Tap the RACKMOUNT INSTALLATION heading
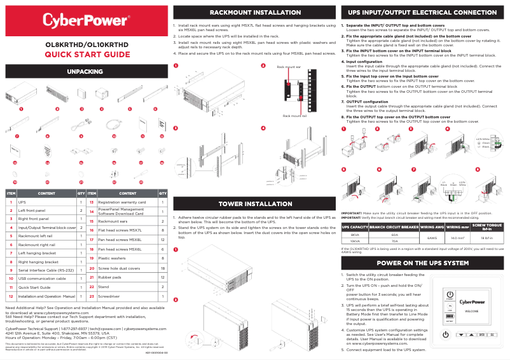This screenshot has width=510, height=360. click(254, 12)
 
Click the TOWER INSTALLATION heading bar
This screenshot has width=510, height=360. click(254, 204)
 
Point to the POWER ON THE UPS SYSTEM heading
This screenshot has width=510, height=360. click(422, 263)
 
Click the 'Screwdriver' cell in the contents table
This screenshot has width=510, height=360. click(109, 296)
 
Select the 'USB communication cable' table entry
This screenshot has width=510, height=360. click(39, 279)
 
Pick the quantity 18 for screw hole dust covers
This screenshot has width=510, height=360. click(163, 269)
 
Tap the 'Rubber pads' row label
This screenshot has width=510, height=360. click(109, 278)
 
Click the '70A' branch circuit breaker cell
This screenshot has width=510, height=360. click(394, 241)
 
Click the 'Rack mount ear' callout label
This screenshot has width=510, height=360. click(288, 66)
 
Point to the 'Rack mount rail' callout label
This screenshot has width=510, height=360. click(294, 116)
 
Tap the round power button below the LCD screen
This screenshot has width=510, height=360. click(446, 335)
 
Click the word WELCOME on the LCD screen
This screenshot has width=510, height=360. click(471, 311)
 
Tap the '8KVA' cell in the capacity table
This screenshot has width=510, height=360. click(355, 235)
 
